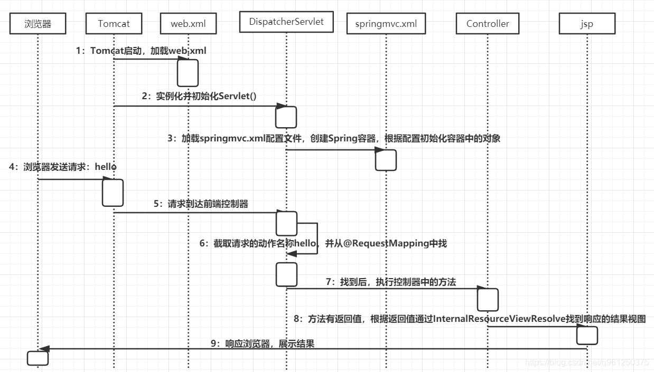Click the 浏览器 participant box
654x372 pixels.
[38, 24]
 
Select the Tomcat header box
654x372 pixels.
[114, 24]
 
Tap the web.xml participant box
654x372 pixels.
[188, 24]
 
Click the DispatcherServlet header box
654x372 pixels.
[286, 22]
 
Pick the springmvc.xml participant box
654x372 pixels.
[386, 24]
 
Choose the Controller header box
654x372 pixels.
[488, 24]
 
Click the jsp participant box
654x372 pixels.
[586, 24]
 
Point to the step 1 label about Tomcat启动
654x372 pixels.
[141, 51]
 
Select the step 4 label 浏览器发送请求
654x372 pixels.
[63, 167]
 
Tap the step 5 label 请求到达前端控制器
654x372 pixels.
[201, 204]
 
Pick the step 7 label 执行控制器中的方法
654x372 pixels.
[390, 282]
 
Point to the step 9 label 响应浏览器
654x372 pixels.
[263, 344]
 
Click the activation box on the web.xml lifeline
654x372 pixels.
[188, 73]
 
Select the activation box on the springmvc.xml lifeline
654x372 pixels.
[386, 160]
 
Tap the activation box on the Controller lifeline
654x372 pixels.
[488, 300]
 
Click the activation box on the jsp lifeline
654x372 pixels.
[587, 335]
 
